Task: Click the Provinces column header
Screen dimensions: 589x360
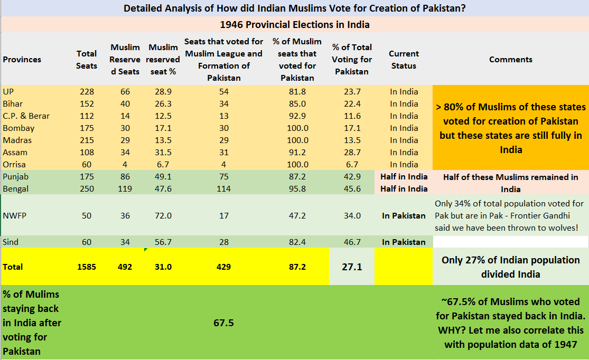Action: click(22, 59)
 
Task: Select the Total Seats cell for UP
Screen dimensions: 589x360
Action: click(87, 92)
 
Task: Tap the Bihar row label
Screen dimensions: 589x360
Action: click(13, 103)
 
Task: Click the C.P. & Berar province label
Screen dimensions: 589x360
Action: click(26, 116)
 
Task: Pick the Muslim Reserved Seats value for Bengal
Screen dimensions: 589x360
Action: click(125, 189)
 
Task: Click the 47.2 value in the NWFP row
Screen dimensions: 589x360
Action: click(297, 215)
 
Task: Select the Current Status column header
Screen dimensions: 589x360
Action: click(404, 60)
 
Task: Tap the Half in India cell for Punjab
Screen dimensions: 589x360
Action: click(404, 176)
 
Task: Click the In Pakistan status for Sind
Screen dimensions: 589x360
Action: click(404, 242)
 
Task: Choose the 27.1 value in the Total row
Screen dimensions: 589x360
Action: click(352, 267)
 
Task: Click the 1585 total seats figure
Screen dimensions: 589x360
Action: click(87, 267)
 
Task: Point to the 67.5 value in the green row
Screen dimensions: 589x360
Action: click(223, 323)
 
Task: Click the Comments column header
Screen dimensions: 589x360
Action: click(510, 59)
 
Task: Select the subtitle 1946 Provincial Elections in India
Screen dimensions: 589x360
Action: click(295, 25)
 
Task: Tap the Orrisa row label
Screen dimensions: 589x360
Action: click(14, 164)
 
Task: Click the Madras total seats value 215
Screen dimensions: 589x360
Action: click(87, 140)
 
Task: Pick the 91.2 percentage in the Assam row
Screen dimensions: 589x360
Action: click(297, 153)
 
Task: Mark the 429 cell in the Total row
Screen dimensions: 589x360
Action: click(223, 267)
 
